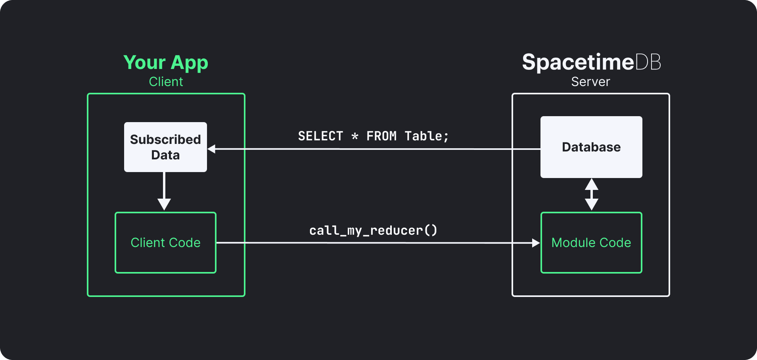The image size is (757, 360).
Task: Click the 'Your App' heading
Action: (x=165, y=63)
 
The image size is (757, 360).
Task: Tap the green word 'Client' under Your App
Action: (x=166, y=82)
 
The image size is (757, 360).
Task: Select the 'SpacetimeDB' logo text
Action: (x=591, y=62)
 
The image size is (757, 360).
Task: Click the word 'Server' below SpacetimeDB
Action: (x=590, y=82)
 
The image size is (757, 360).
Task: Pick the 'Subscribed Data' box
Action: (x=165, y=147)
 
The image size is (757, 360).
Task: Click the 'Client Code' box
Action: (x=165, y=243)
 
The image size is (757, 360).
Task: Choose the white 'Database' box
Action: (x=591, y=147)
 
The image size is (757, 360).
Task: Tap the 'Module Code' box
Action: (x=591, y=243)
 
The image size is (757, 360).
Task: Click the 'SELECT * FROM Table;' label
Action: (x=373, y=136)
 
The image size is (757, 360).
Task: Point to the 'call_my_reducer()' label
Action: (x=373, y=230)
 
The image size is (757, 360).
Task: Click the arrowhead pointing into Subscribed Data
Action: (x=212, y=149)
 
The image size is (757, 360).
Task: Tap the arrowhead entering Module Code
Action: (x=535, y=243)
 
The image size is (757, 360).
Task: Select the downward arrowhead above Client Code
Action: (x=164, y=204)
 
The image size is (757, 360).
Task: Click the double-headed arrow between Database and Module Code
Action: (x=592, y=194)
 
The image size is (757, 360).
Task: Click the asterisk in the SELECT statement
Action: (x=355, y=136)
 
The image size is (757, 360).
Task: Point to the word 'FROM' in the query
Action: (x=381, y=136)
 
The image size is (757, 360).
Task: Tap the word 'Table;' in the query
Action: (x=426, y=136)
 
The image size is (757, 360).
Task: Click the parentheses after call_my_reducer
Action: (x=431, y=230)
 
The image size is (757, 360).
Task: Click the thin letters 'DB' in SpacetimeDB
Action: (x=648, y=62)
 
